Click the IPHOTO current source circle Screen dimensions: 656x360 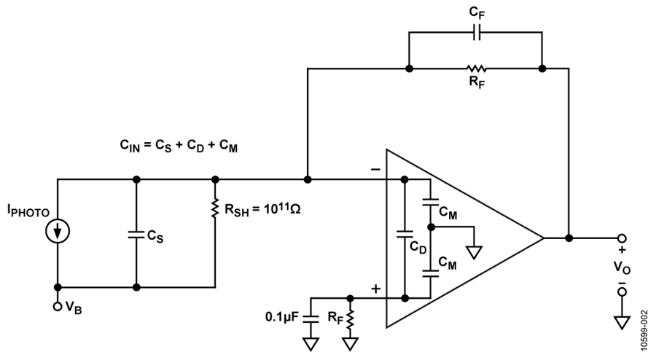[x=58, y=231]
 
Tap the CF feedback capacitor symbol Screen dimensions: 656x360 [x=477, y=32]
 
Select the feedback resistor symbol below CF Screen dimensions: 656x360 [x=477, y=69]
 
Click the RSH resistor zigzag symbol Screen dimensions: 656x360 [x=215, y=208]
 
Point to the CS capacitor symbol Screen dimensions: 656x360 [x=136, y=235]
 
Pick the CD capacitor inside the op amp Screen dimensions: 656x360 [x=405, y=235]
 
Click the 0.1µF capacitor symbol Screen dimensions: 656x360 [x=311, y=318]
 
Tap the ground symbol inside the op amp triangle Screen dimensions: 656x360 [x=474, y=253]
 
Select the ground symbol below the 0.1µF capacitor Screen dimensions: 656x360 [x=311, y=344]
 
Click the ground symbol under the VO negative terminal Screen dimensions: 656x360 [x=622, y=323]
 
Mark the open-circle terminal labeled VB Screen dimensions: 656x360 [x=58, y=307]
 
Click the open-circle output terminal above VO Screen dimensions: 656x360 [x=622, y=238]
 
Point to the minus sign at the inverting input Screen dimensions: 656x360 [x=375, y=169]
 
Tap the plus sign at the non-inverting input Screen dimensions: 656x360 [x=376, y=289]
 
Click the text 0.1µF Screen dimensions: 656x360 [x=282, y=317]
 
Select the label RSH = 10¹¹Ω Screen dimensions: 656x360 [x=262, y=209]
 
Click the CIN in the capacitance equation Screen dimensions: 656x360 [x=130, y=146]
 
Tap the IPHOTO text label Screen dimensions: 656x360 [x=28, y=211]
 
